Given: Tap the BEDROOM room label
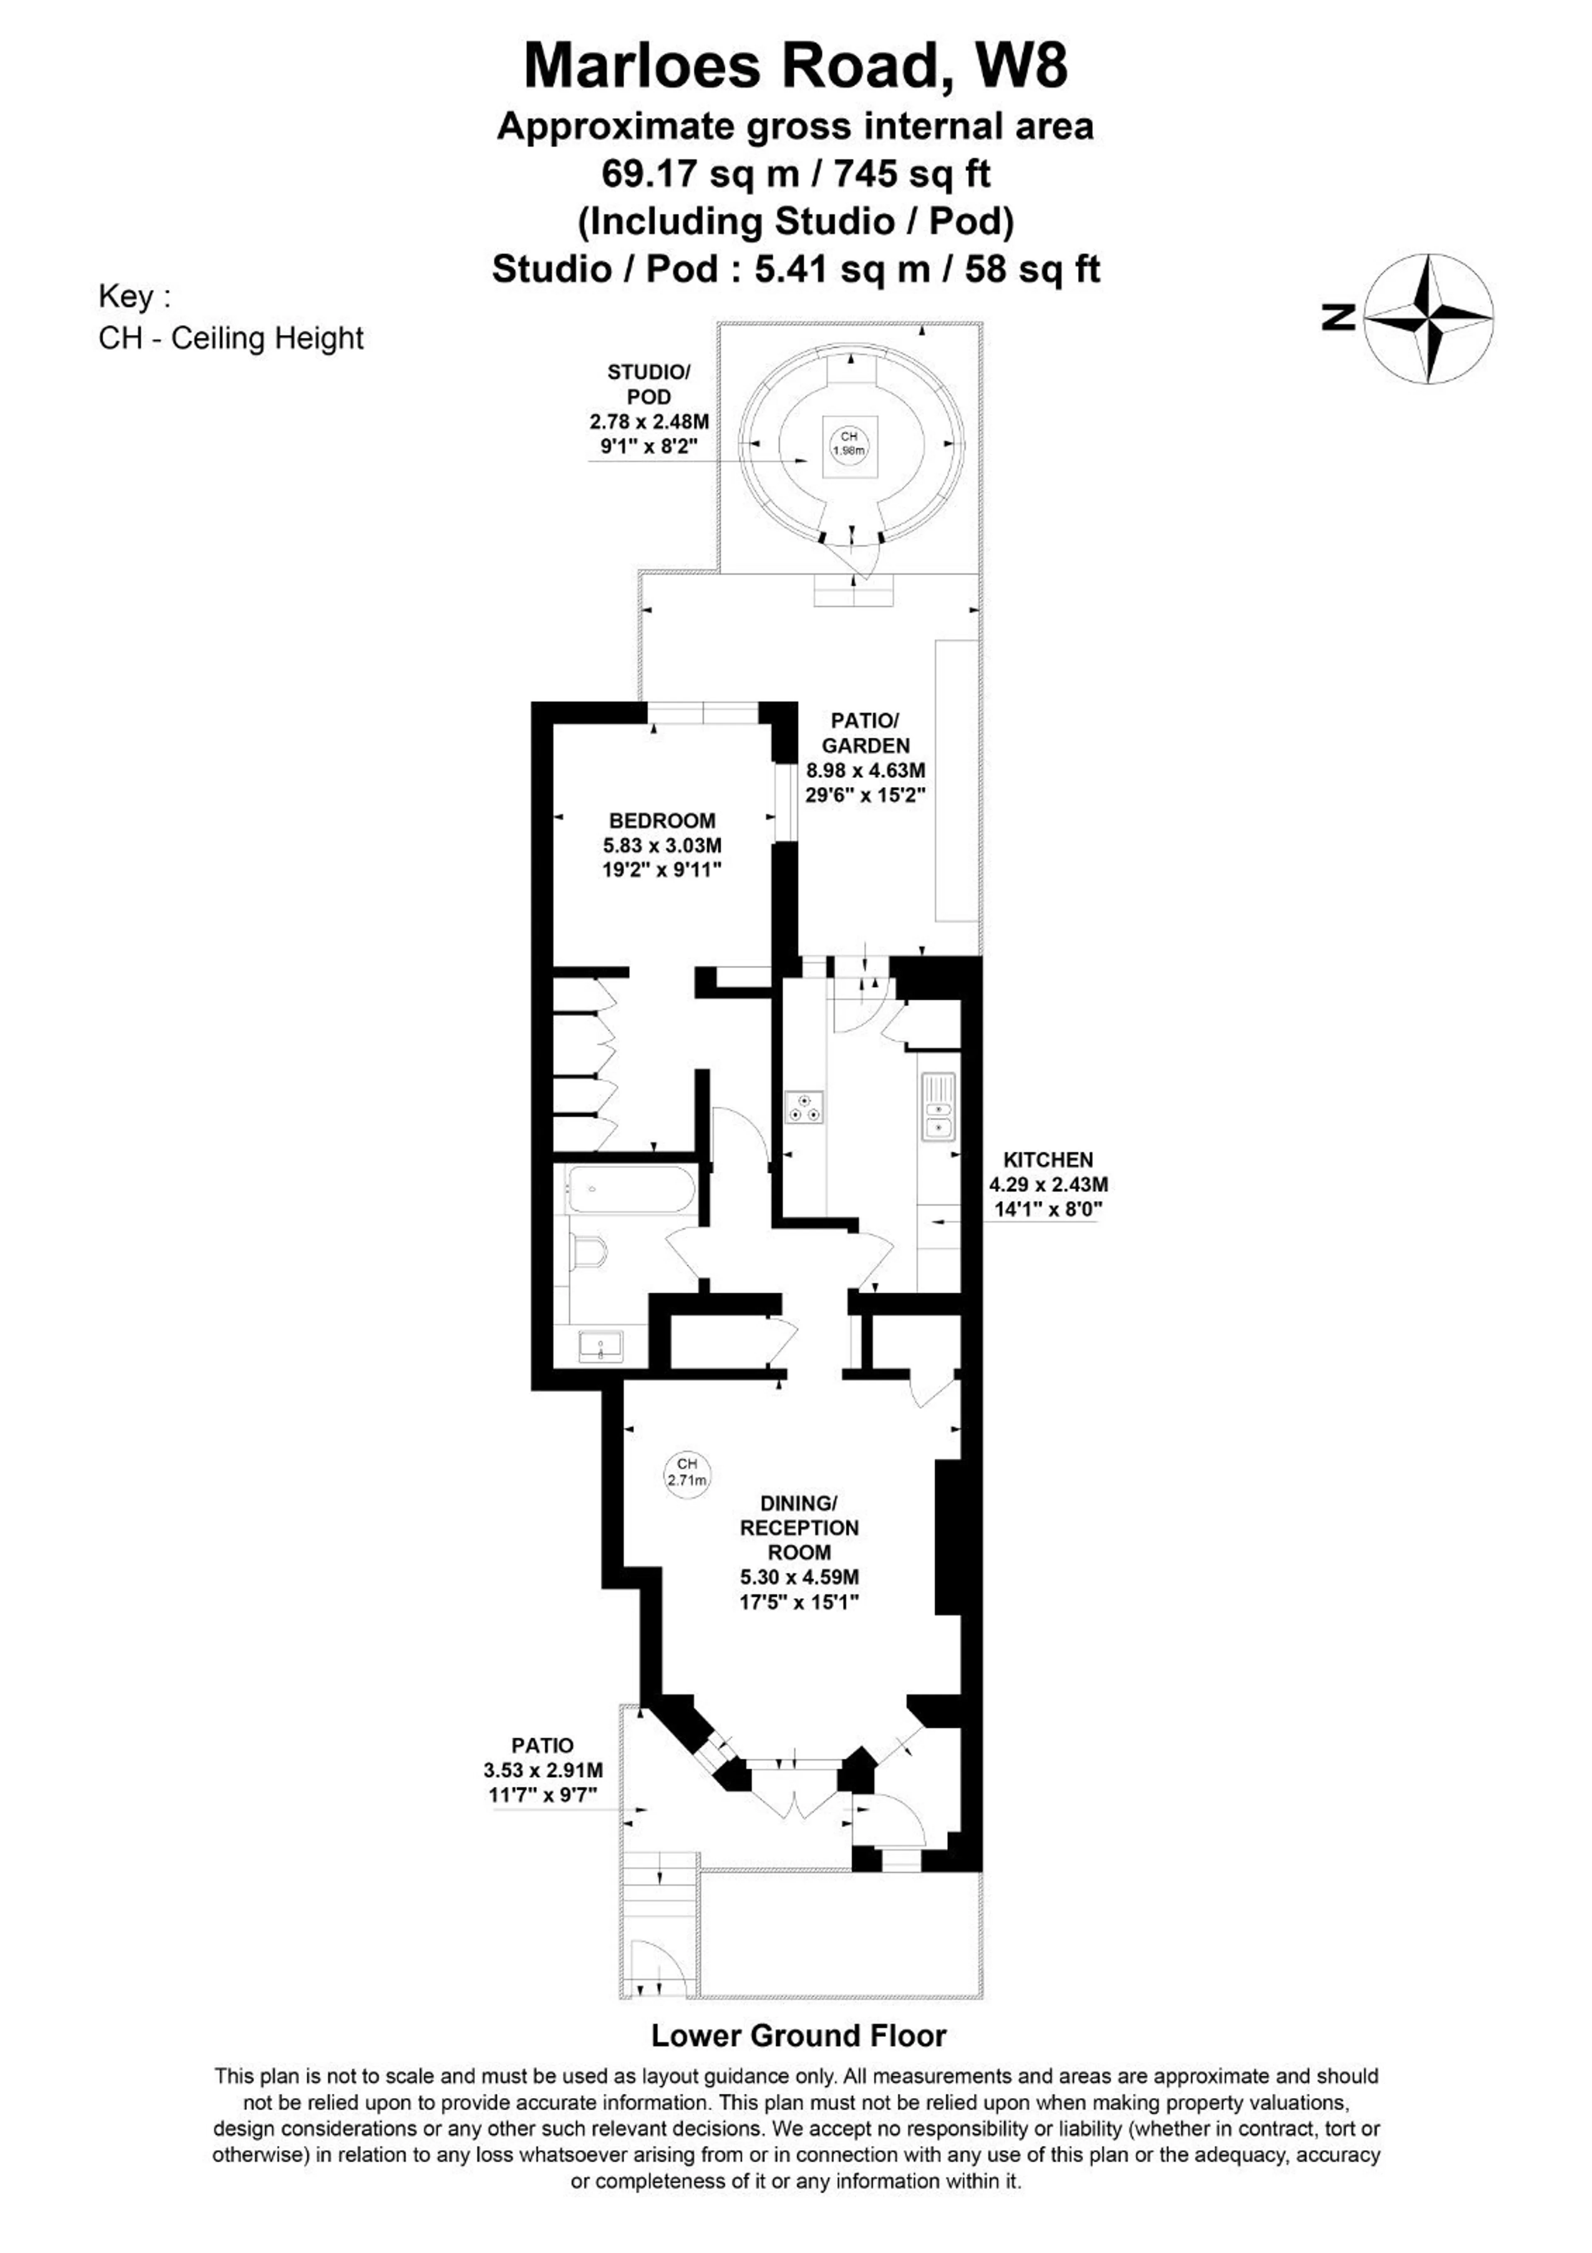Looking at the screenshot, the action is pos(662,820).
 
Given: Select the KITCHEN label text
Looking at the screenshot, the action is pos(1048,1160).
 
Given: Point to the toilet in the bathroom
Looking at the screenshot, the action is pos(590,1253).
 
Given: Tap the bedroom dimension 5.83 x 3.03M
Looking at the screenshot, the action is pos(662,845).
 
